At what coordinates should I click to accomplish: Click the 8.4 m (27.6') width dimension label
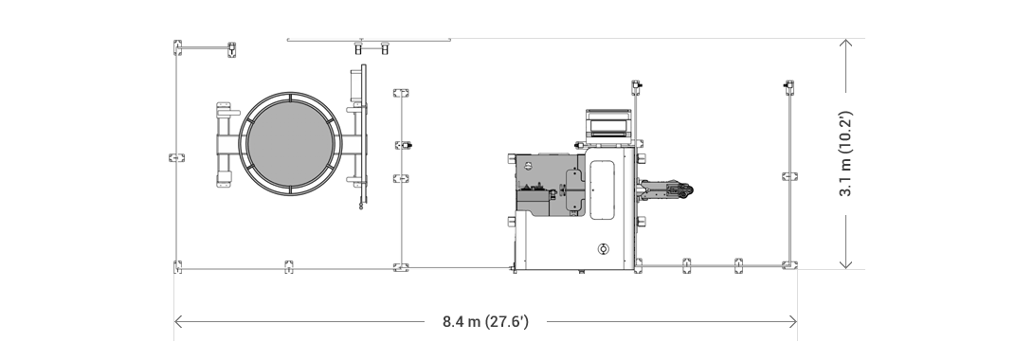pos(485,322)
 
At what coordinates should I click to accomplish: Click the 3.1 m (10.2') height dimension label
pos(846,153)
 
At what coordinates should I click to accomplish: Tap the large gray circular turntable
pos(291,144)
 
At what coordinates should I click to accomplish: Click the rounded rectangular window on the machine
pos(603,189)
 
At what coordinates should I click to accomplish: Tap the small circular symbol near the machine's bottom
pos(602,249)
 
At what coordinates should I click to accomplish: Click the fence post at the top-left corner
pos(177,47)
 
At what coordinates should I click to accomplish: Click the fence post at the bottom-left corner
pos(177,267)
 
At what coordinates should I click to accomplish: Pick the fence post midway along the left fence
pos(173,157)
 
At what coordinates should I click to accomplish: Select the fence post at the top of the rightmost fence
pos(788,87)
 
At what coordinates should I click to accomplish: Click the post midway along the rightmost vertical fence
pos(788,176)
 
